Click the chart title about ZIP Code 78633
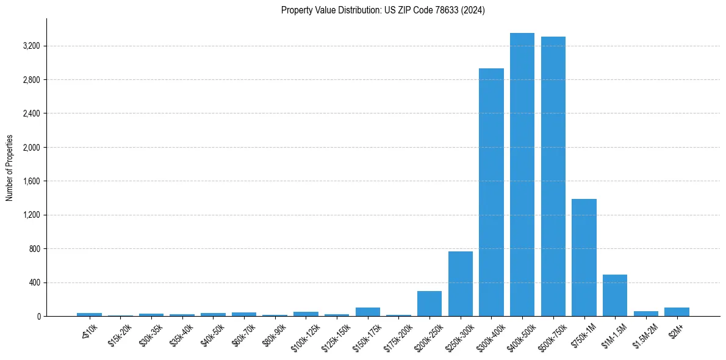(383, 10)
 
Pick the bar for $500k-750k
(553, 176)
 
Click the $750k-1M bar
(584, 257)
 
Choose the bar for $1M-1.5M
(615, 295)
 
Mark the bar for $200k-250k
(429, 304)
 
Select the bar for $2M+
(677, 312)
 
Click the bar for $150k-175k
(368, 312)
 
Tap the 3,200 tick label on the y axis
(31, 46)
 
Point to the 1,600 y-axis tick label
(31, 181)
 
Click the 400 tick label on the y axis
(34, 283)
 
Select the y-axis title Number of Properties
(10, 168)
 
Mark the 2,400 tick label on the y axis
(31, 113)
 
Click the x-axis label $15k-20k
(120, 334)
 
